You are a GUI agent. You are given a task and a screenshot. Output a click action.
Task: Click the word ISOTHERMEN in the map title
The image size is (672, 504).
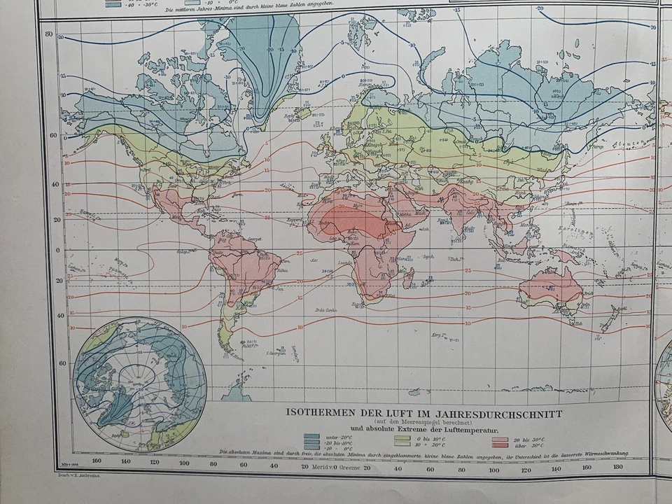coord(317,414)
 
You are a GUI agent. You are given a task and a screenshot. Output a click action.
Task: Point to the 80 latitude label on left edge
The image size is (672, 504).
coord(50,34)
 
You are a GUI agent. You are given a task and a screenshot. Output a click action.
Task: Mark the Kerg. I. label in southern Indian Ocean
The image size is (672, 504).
coord(440,335)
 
